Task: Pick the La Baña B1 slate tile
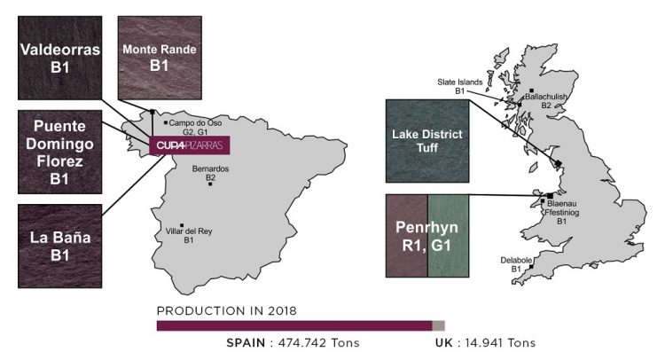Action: (x=59, y=241)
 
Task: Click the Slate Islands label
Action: (x=459, y=86)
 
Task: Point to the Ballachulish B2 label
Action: (x=547, y=100)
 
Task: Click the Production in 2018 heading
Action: (x=226, y=310)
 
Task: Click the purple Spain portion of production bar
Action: (x=293, y=325)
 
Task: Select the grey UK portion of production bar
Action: (x=437, y=325)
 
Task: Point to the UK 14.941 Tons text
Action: (x=485, y=342)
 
